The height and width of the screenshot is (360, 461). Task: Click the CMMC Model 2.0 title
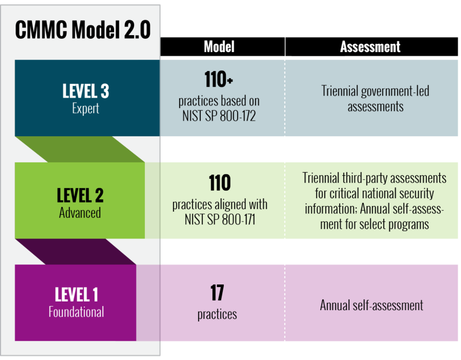click(83, 30)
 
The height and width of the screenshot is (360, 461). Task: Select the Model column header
click(219, 47)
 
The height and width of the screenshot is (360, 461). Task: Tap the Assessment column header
click(370, 47)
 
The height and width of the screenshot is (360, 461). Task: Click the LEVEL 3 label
click(86, 92)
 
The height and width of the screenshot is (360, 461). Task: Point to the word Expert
click(86, 108)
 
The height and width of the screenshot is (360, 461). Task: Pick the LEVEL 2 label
click(80, 196)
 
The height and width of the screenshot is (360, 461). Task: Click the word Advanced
click(80, 213)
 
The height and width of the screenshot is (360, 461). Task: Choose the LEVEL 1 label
click(76, 295)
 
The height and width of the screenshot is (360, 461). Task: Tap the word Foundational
click(76, 311)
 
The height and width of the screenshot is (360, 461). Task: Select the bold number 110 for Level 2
click(219, 183)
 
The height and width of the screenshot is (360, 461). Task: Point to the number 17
click(217, 293)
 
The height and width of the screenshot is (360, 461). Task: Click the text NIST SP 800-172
click(219, 116)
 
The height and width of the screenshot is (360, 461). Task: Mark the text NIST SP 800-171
click(219, 219)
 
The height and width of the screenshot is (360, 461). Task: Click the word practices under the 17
click(217, 314)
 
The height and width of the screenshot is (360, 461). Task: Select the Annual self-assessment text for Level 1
click(372, 305)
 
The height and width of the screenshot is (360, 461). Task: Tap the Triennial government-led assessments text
click(375, 98)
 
